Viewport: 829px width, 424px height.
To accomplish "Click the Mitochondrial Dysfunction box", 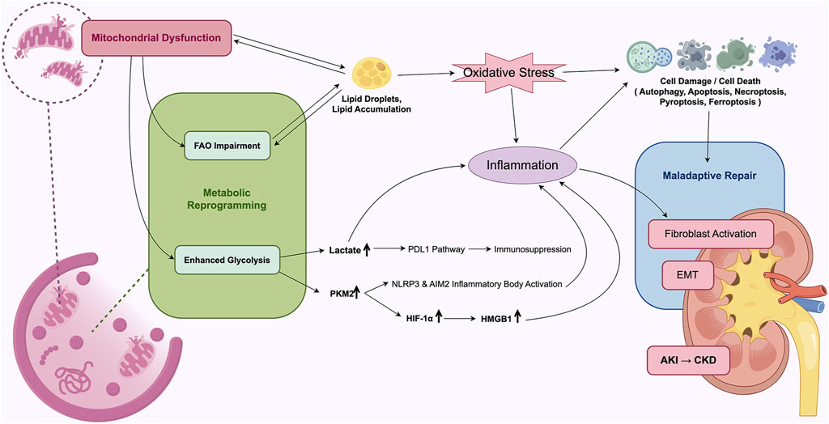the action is pos(156,37).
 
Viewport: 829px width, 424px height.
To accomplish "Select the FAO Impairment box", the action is pos(227,146).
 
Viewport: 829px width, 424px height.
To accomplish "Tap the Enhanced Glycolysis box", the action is pos(227,260).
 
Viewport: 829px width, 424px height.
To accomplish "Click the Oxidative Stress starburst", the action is pos(508,73).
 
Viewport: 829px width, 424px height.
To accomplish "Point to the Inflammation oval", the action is pos(522,165).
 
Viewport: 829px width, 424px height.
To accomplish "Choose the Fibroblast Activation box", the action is pos(711,234).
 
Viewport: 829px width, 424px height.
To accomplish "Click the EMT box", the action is pos(688,275).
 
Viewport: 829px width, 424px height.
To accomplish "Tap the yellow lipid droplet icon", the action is pos(372,73).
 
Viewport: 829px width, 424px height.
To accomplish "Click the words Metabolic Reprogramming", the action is pos(227,199).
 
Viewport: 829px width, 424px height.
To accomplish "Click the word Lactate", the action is pos(344,249).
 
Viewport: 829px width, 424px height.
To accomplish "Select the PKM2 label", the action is pos(341,294).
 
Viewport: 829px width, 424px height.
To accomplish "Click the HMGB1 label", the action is pos(496,319).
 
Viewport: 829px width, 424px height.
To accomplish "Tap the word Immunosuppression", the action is pos(533,249).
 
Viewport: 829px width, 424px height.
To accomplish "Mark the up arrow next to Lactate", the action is pos(367,249).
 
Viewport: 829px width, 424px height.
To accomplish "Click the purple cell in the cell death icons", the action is pos(777,55).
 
